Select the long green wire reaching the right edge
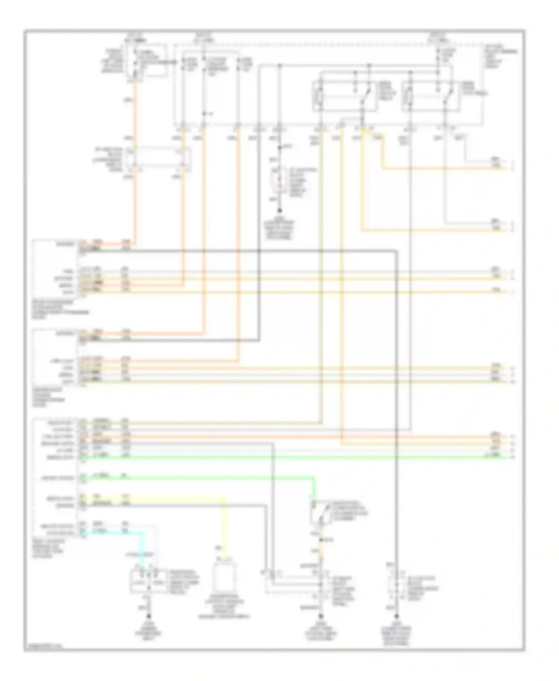(298, 457)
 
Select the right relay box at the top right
(432, 96)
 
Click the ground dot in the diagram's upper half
(280, 210)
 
